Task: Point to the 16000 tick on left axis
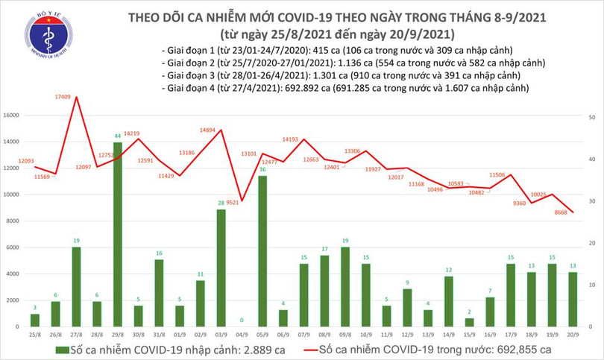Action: (x=11, y=116)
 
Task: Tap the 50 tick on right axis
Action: (x=591, y=118)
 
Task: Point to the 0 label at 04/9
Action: (x=242, y=320)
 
